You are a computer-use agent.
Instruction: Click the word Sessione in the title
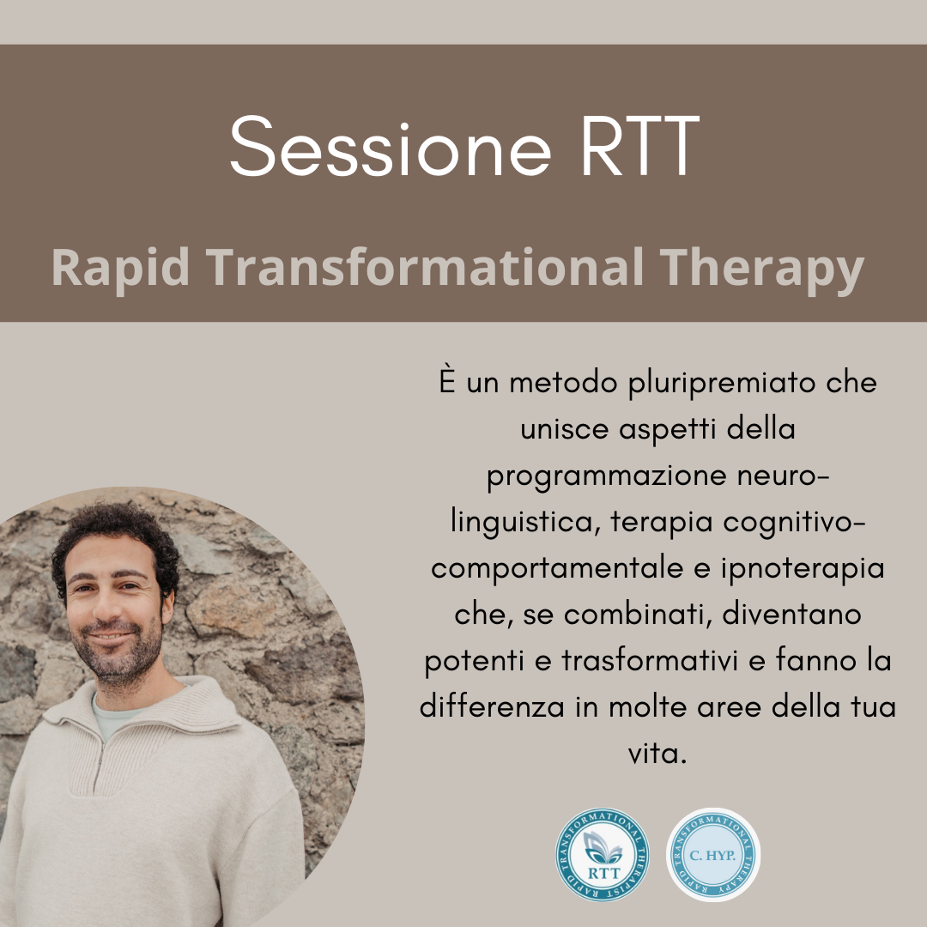(391, 146)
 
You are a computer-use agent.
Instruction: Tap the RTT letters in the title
(640, 146)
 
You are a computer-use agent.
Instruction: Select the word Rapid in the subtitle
(121, 269)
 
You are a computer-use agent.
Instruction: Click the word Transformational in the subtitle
(425, 267)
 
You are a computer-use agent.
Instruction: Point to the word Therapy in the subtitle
(762, 269)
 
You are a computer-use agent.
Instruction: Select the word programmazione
(607, 477)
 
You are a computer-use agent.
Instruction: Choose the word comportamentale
(556, 569)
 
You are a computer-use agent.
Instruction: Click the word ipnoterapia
(803, 570)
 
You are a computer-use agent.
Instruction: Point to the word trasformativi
(650, 660)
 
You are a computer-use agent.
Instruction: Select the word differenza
(492, 706)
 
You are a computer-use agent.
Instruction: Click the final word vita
(657, 754)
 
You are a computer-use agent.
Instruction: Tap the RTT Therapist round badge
(603, 855)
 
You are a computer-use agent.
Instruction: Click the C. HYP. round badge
(713, 855)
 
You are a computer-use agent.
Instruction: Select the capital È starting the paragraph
(447, 380)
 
